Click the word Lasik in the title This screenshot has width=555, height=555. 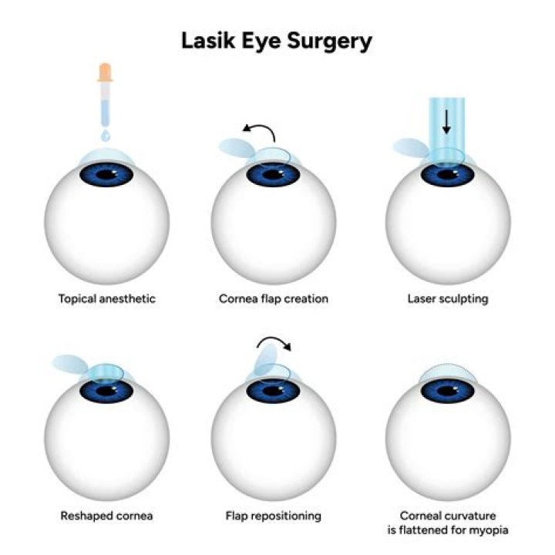tap(206, 40)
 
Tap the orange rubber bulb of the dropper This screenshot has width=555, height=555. tap(105, 74)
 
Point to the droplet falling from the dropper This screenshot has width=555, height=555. tap(106, 134)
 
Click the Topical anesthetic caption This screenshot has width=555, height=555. tap(106, 298)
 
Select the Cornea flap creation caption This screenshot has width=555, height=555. tap(274, 298)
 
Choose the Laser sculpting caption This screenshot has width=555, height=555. tap(447, 298)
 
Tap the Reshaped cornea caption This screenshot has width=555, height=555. tap(106, 515)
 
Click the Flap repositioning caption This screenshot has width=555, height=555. tap(274, 515)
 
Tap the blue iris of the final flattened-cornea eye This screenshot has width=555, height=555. tap(447, 392)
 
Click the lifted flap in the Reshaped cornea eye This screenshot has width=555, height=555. tap(72, 363)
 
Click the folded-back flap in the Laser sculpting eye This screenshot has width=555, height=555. tap(410, 147)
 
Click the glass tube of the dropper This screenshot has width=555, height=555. tap(105, 104)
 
